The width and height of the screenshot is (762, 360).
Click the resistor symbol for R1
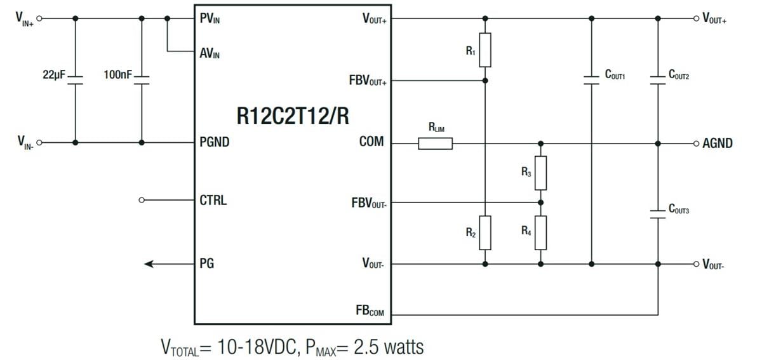pyautogui.click(x=485, y=50)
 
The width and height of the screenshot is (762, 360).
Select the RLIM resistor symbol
pyautogui.click(x=436, y=143)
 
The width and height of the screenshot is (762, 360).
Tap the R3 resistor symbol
pyautogui.click(x=540, y=173)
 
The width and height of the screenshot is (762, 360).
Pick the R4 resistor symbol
pyautogui.click(x=540, y=232)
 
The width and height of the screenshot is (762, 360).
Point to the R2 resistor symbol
pyautogui.click(x=485, y=232)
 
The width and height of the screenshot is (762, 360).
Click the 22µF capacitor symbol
pyautogui.click(x=76, y=80)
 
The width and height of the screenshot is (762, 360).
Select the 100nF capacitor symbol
pyautogui.click(x=141, y=80)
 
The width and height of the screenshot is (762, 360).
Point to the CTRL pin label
pyautogui.click(x=213, y=201)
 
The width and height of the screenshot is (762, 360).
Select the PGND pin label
pyautogui.click(x=214, y=143)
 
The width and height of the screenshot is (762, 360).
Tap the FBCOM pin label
pyautogui.click(x=370, y=312)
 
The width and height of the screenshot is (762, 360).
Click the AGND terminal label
pyautogui.click(x=717, y=143)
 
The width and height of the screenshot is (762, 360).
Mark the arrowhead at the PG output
pyautogui.click(x=149, y=263)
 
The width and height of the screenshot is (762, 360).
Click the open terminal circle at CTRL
pyautogui.click(x=142, y=201)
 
